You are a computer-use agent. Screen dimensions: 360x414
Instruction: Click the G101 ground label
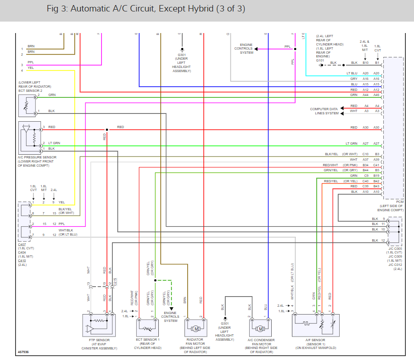320,60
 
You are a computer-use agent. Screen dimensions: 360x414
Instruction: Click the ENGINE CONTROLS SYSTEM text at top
243,49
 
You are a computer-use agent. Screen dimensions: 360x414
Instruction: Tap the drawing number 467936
23,352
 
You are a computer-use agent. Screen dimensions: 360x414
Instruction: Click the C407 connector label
22,245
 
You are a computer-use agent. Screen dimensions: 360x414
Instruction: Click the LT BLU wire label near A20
351,73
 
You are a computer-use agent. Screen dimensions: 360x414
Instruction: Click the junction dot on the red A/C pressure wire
106,129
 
